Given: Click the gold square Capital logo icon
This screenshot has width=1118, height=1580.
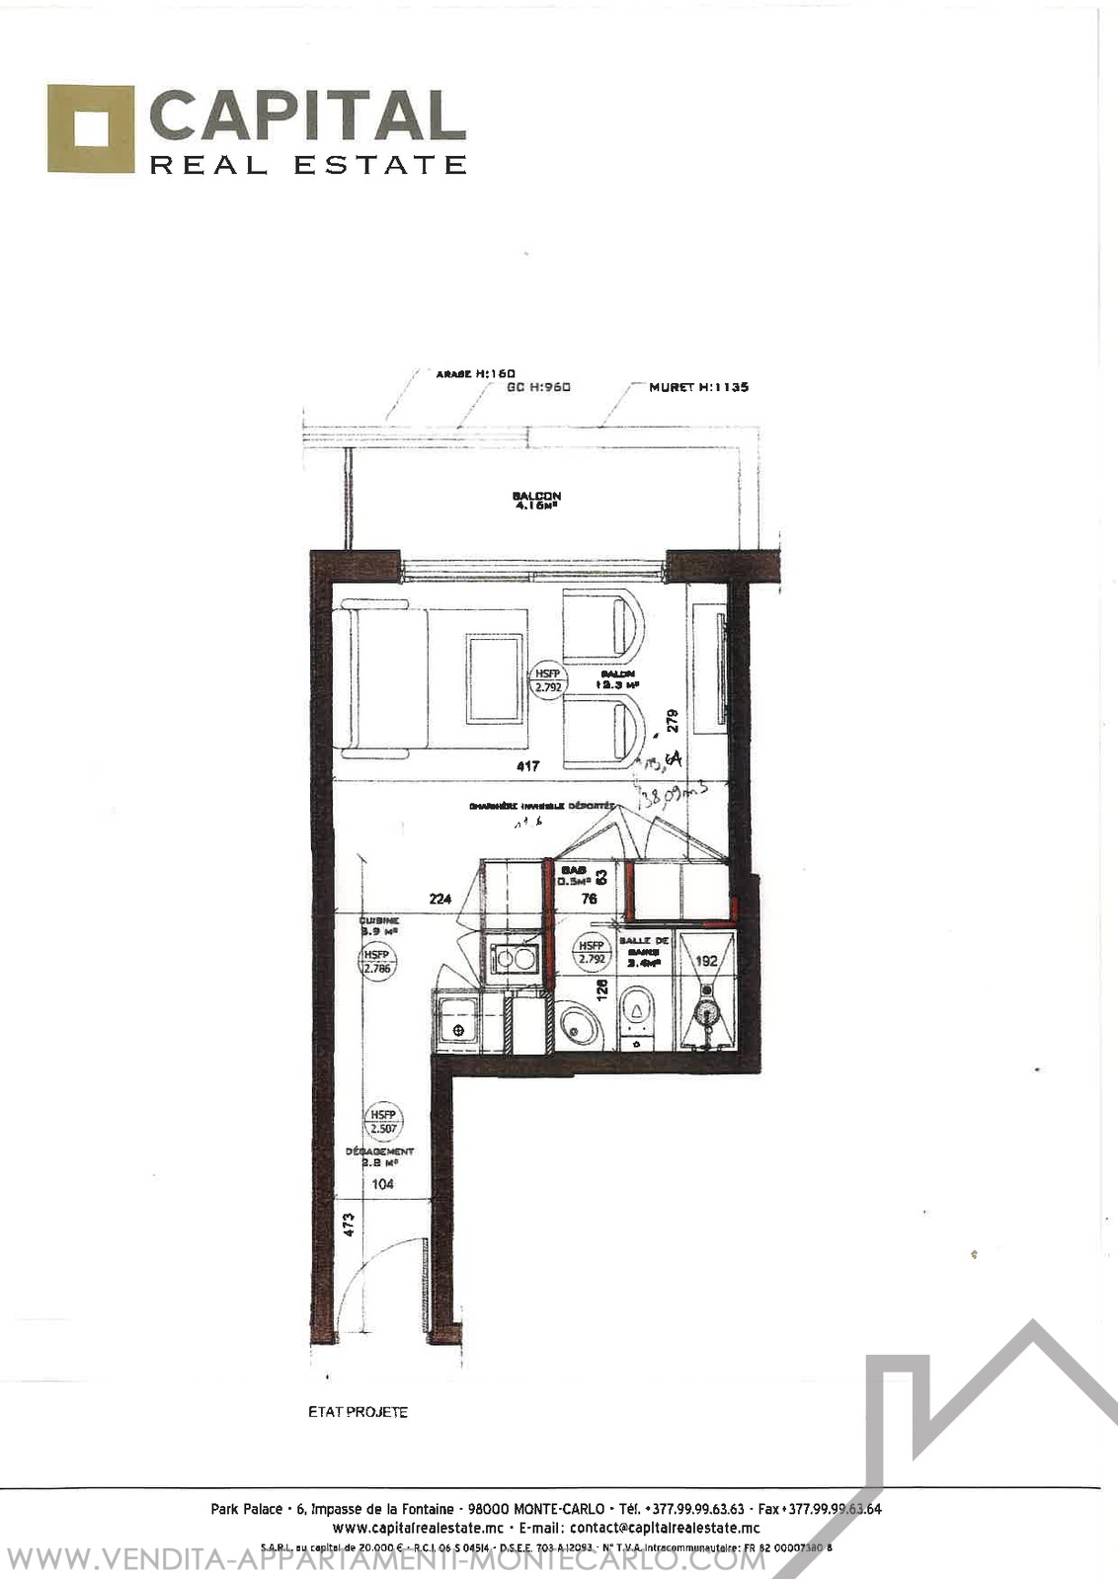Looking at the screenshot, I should pyautogui.click(x=90, y=129).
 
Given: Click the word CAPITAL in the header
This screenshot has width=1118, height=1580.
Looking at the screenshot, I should pyautogui.click(x=307, y=117).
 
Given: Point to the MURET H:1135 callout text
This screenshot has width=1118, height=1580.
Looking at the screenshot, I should pyautogui.click(x=698, y=387).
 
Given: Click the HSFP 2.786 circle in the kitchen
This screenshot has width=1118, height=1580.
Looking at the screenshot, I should pyautogui.click(x=377, y=962).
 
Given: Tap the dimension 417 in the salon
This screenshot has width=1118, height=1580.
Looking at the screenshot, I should pyautogui.click(x=528, y=765).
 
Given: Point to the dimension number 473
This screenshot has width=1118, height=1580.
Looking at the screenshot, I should pyautogui.click(x=348, y=1225).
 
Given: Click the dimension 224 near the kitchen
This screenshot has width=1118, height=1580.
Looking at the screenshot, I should pyautogui.click(x=440, y=899).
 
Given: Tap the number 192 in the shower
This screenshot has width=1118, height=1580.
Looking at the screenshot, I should pyautogui.click(x=706, y=960).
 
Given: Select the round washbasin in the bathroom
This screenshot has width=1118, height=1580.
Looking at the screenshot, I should pyautogui.click(x=579, y=1027).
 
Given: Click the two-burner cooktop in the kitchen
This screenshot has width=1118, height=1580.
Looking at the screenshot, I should pyautogui.click(x=515, y=958).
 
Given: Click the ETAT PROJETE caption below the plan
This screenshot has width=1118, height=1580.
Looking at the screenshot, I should pyautogui.click(x=358, y=1412).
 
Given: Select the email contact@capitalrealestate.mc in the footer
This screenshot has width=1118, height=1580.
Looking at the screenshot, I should pyautogui.click(x=665, y=1528).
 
